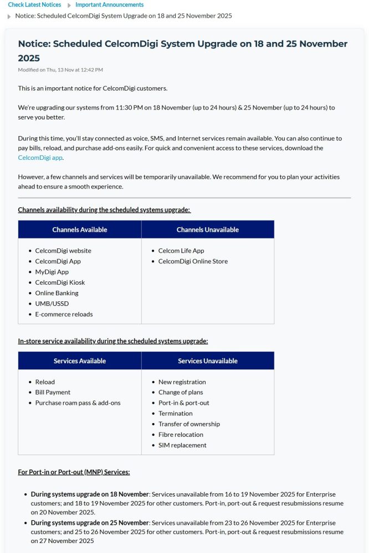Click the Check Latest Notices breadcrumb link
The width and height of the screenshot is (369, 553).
tap(34, 4)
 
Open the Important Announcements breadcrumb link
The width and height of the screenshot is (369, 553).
tap(109, 4)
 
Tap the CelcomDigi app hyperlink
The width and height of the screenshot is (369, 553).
tap(40, 158)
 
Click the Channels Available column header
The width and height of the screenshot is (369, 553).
tap(80, 229)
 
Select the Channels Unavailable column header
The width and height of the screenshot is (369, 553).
tap(208, 229)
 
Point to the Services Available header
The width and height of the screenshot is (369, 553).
tap(80, 361)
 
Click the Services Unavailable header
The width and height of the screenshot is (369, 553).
tap(208, 361)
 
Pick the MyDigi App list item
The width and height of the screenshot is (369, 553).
tap(52, 272)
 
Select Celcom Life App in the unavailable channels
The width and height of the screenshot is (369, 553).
tap(181, 251)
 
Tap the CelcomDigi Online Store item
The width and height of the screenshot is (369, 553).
tap(193, 261)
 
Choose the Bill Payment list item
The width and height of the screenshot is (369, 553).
tap(53, 393)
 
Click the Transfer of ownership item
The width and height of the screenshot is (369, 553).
tap(189, 424)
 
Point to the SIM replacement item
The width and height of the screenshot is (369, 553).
tap(182, 445)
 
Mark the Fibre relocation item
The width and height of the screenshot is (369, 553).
tap(181, 435)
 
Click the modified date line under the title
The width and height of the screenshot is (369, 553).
tap(60, 70)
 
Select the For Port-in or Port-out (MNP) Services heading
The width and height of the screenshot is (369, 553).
tap(74, 472)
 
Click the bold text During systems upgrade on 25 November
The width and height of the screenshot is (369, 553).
tap(90, 523)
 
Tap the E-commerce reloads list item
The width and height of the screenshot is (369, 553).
tap(64, 314)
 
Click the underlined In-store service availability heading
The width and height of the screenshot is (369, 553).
tap(113, 341)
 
